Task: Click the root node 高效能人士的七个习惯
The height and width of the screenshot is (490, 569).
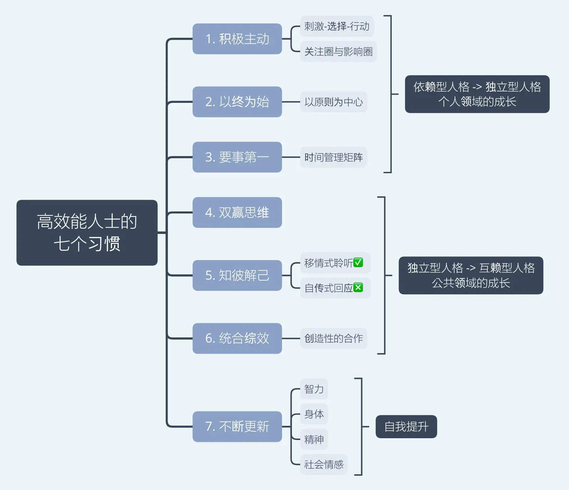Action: click(x=87, y=232)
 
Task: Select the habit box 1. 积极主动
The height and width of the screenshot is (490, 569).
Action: click(x=237, y=39)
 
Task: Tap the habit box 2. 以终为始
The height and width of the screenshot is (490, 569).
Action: click(x=237, y=102)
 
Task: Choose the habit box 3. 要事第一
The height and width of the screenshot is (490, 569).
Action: click(x=237, y=157)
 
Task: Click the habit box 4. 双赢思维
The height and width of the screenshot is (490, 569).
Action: click(x=237, y=212)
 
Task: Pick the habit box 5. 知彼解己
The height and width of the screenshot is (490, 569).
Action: click(x=237, y=275)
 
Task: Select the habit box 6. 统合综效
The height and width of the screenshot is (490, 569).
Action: click(x=237, y=338)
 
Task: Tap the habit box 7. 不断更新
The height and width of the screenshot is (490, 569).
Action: click(x=237, y=426)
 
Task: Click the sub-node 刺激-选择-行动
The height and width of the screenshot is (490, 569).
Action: click(x=337, y=26)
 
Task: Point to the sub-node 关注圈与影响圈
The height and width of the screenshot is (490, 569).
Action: click(x=338, y=52)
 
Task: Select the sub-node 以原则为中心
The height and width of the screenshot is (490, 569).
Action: click(x=333, y=102)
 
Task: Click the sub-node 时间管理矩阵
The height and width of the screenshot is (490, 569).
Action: click(x=333, y=157)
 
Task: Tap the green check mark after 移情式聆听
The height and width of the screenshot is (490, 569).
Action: click(x=358, y=262)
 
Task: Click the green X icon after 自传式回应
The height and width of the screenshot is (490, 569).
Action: click(x=358, y=287)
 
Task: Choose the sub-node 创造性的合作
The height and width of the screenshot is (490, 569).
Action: click(x=333, y=338)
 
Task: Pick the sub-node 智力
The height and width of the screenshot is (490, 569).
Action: click(x=314, y=389)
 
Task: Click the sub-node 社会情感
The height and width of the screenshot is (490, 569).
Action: click(x=324, y=464)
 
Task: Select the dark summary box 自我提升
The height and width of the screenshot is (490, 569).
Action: click(x=406, y=426)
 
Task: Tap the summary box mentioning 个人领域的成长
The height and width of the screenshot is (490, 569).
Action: click(x=477, y=94)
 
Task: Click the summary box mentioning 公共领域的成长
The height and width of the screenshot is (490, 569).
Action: click(x=471, y=275)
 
